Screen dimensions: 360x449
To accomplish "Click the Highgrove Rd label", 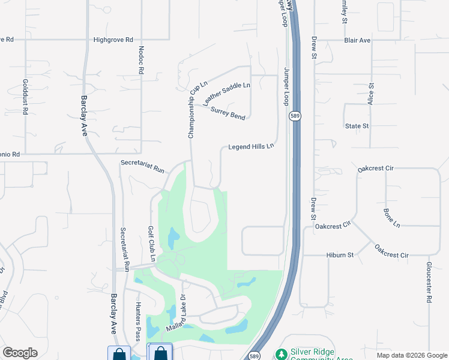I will coord(113,40).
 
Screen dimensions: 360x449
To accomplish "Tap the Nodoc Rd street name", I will coord(142,60).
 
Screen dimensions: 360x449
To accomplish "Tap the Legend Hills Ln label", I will coord(251,146).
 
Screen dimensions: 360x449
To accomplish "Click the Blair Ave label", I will coord(357,40).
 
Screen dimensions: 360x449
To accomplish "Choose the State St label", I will coord(357,126).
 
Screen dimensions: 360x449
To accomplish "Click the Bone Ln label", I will coord(391,218).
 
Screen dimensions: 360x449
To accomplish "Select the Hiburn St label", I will coord(340,255).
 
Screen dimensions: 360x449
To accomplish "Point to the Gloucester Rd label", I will coord(429,283).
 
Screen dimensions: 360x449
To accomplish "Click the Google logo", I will coord(20,352).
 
